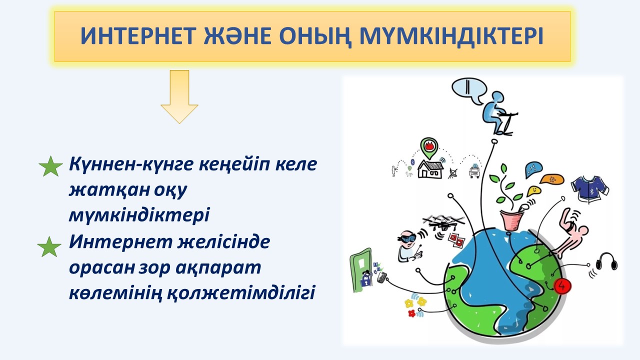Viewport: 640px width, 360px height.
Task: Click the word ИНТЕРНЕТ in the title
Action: [x=138, y=36]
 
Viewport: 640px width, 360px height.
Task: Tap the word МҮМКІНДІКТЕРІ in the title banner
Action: [x=451, y=36]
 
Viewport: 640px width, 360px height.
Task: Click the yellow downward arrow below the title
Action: [x=179, y=97]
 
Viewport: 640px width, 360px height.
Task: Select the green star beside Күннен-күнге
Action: [x=50, y=166]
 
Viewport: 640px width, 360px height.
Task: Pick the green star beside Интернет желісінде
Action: [x=49, y=246]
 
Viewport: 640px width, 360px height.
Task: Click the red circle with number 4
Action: [x=562, y=286]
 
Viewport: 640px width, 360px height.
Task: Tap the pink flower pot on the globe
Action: [x=511, y=219]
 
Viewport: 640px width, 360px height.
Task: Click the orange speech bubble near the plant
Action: [x=551, y=179]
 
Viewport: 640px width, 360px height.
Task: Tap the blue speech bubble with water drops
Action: [x=533, y=169]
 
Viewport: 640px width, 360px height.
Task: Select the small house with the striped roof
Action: [x=430, y=169]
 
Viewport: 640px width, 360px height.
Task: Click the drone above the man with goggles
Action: [x=443, y=223]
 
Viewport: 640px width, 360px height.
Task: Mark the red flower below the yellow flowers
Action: [x=411, y=313]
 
